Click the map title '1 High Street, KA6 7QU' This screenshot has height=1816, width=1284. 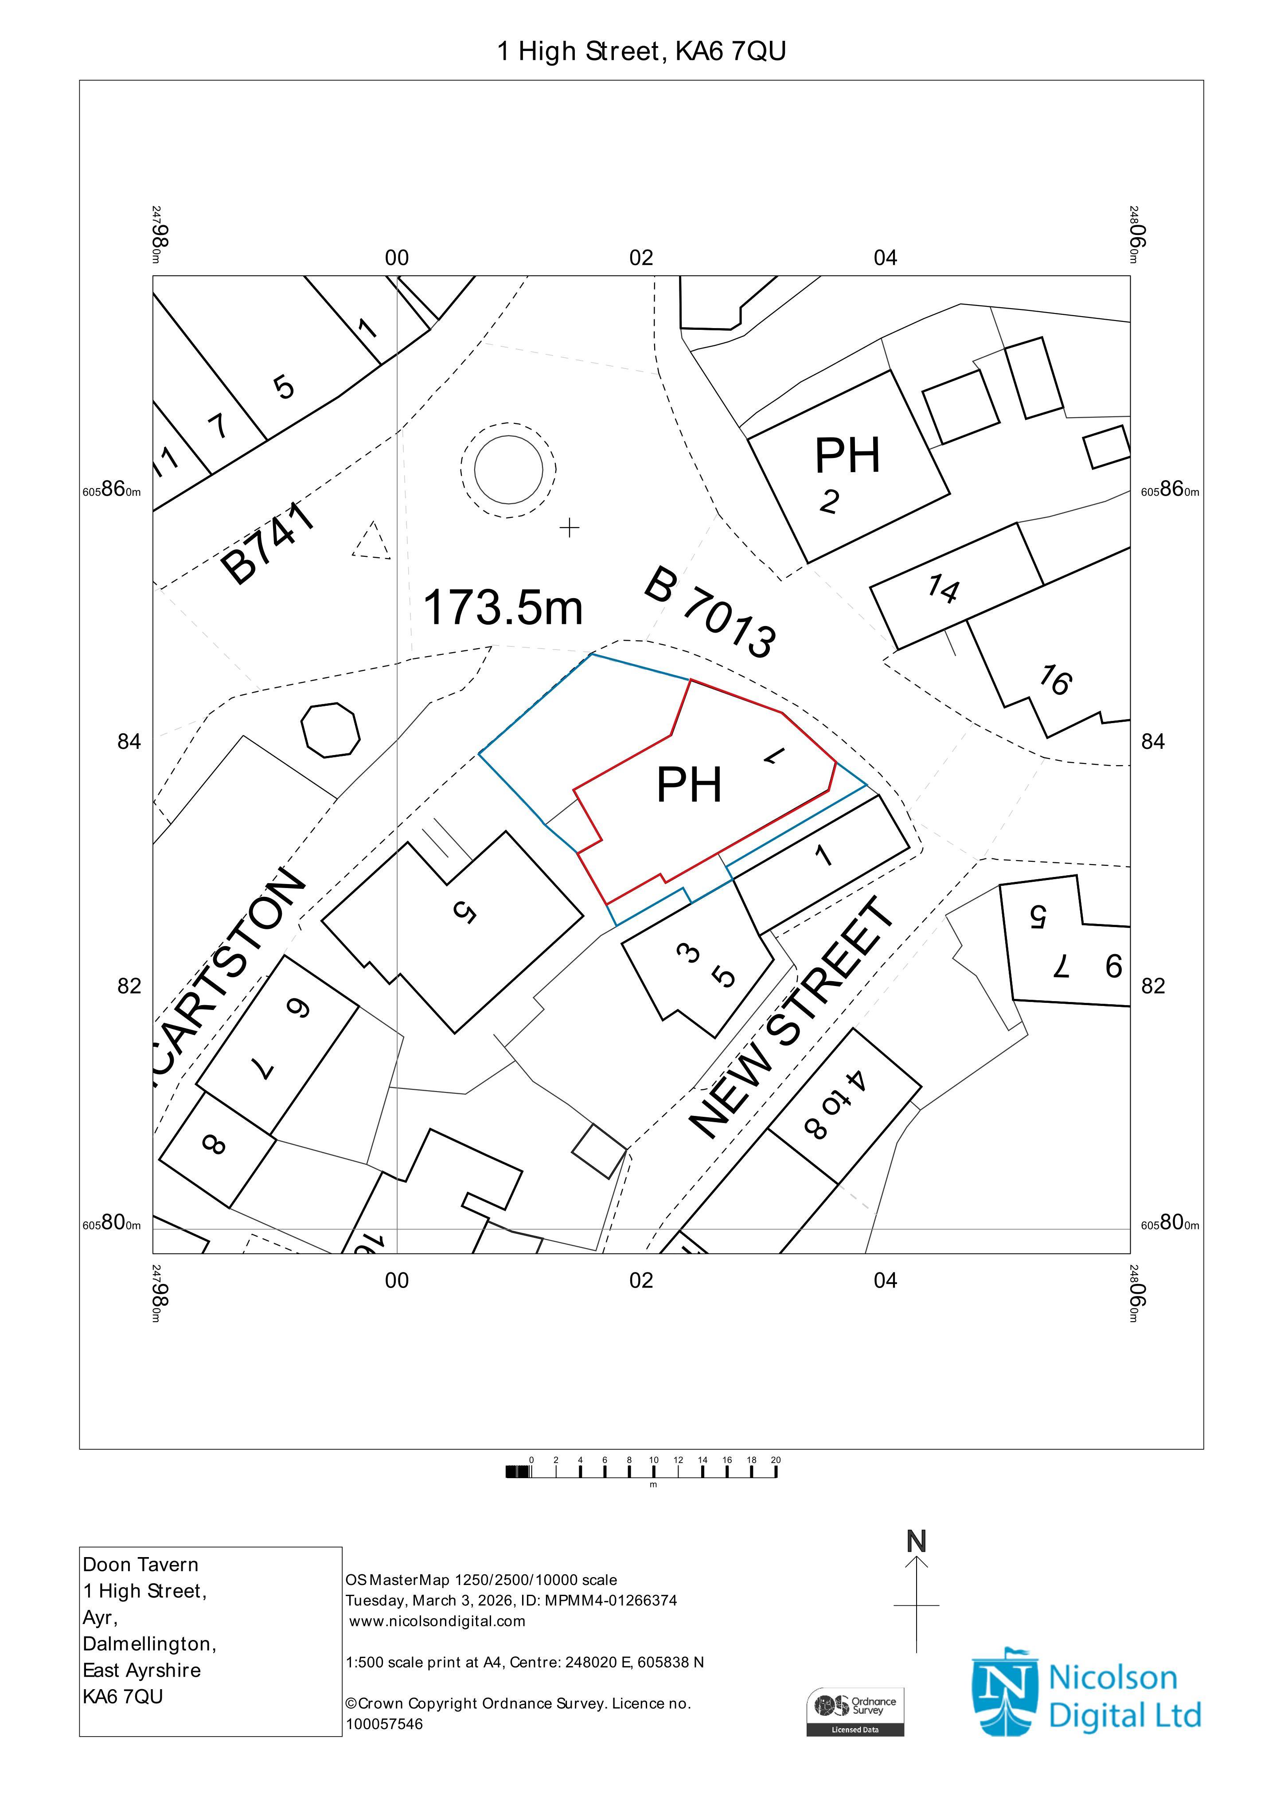click(x=641, y=51)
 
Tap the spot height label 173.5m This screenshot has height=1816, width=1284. click(x=503, y=607)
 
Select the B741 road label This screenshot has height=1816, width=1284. click(x=267, y=544)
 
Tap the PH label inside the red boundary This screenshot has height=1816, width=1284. click(x=690, y=785)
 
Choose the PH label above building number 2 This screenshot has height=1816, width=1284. click(x=847, y=456)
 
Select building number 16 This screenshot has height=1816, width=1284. click(x=1055, y=679)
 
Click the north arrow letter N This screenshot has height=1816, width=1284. click(x=917, y=1541)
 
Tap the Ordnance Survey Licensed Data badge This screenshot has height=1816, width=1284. click(x=855, y=1712)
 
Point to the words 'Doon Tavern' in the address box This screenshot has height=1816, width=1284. click(x=141, y=1565)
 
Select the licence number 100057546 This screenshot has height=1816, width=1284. click(x=384, y=1724)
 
